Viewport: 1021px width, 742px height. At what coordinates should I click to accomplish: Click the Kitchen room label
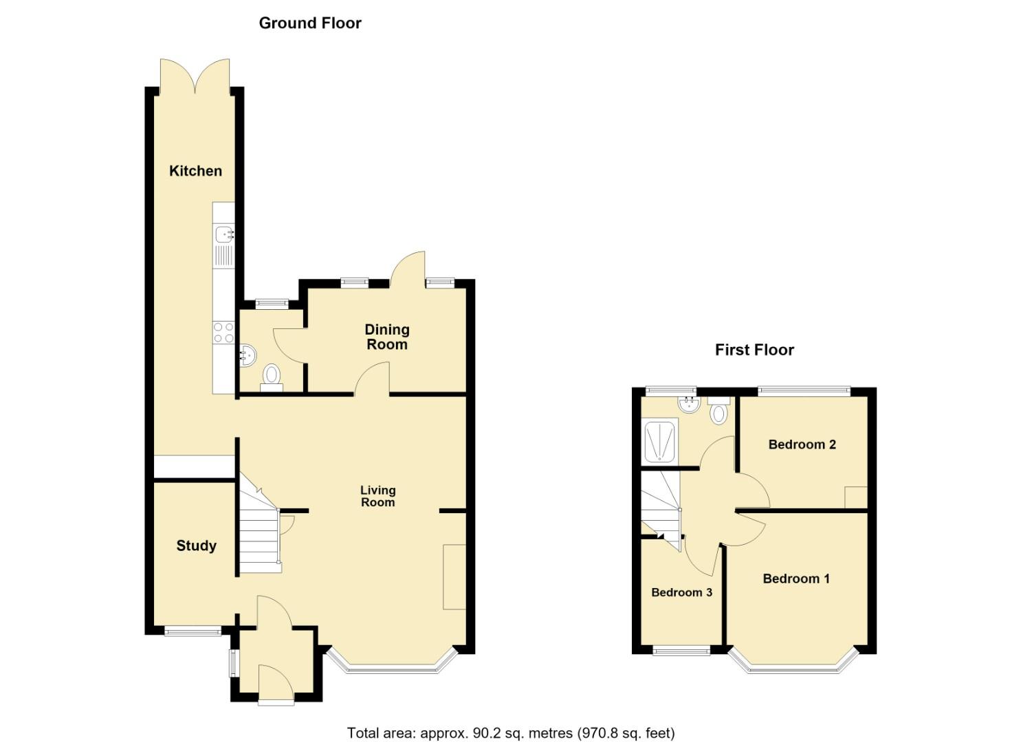195,171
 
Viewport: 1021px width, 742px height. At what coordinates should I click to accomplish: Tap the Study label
197,546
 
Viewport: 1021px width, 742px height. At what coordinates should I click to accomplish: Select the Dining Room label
387,337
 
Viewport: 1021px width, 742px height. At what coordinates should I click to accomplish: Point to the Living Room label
378,496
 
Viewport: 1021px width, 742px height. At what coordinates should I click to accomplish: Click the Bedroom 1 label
796,578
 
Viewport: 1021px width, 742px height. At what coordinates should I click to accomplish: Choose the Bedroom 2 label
802,444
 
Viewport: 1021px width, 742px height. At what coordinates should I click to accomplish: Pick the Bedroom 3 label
682,592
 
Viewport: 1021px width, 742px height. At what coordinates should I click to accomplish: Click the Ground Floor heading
310,23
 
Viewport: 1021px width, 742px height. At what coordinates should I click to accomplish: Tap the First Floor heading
754,350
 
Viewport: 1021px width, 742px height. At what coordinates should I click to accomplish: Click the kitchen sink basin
223,234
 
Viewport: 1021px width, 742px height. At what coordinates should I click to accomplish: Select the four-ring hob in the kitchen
223,333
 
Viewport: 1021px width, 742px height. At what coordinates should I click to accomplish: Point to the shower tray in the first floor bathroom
659,441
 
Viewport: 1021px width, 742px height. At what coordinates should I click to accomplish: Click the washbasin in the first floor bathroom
688,405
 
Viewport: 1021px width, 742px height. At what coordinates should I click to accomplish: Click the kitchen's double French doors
195,76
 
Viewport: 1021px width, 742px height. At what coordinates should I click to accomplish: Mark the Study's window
193,631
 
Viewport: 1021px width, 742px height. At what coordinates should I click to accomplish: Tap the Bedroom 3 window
681,650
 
